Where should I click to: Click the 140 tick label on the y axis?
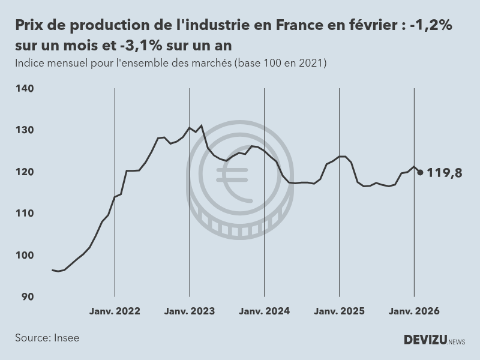25,88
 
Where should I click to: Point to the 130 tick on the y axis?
25,130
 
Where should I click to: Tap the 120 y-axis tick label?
25,172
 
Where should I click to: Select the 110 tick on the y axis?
25,214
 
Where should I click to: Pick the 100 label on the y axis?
25,255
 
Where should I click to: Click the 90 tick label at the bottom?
28,297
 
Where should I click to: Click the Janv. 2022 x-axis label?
115,311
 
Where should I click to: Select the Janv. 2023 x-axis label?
190,311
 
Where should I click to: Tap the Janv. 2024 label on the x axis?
265,311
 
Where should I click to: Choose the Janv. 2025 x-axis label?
340,311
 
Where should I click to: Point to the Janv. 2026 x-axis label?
415,311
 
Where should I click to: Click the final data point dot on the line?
420,173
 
